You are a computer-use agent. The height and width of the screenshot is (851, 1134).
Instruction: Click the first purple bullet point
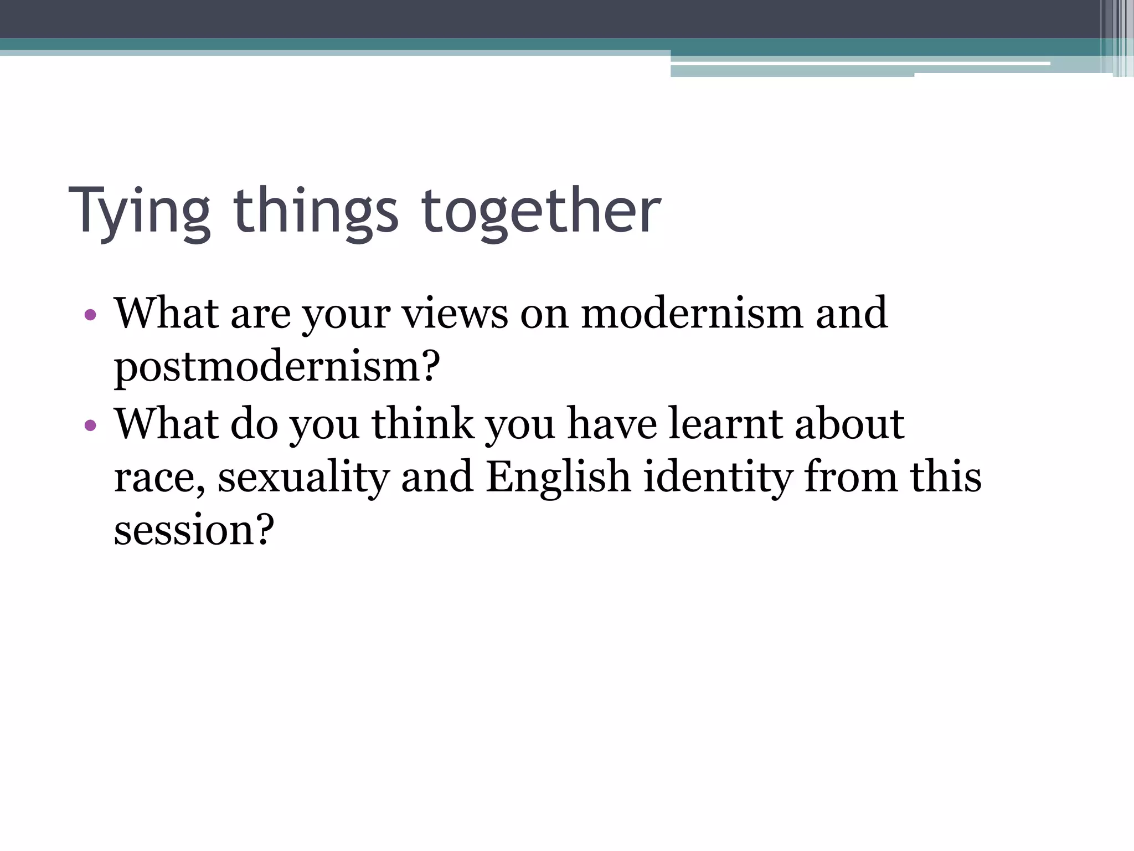(90, 315)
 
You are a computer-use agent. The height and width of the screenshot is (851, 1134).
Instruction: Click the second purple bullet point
(90, 425)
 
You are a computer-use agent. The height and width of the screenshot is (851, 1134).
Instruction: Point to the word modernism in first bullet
(692, 313)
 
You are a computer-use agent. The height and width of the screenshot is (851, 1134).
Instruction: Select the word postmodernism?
(277, 367)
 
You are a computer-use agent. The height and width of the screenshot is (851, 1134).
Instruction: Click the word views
(455, 313)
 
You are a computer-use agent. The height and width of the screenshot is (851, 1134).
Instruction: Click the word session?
(194, 530)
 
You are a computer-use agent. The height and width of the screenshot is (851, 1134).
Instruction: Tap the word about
(849, 424)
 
